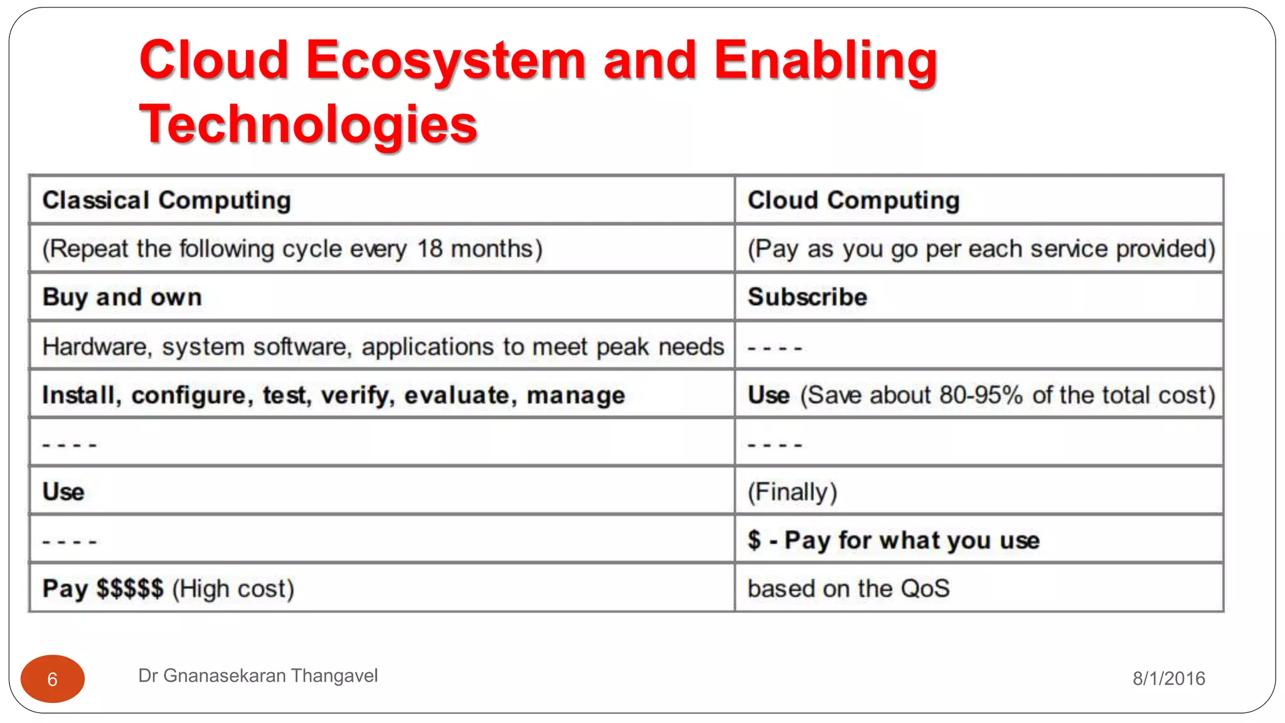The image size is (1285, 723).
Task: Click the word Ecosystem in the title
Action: [x=445, y=61]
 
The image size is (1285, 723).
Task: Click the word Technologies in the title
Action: [x=308, y=124]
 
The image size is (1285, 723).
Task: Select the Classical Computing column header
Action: [x=166, y=200]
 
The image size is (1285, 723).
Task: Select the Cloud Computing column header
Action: [x=853, y=200]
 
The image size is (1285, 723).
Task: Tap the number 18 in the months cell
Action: [x=430, y=249]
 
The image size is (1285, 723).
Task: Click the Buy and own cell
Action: [x=122, y=297]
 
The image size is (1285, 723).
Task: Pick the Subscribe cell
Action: [x=807, y=297]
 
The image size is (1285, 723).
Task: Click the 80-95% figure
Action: [x=981, y=395]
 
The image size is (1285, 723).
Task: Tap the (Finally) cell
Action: [x=792, y=492]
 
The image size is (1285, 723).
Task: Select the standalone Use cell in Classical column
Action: [x=63, y=491]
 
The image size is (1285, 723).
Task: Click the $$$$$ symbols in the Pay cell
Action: [x=129, y=589]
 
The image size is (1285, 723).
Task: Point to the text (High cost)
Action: [x=233, y=589]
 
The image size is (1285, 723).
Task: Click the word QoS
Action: [x=925, y=589]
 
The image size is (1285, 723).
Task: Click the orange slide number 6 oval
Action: [x=53, y=678]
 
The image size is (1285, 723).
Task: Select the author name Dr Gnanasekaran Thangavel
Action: [x=257, y=675]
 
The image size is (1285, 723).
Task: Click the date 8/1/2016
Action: [x=1168, y=678]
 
